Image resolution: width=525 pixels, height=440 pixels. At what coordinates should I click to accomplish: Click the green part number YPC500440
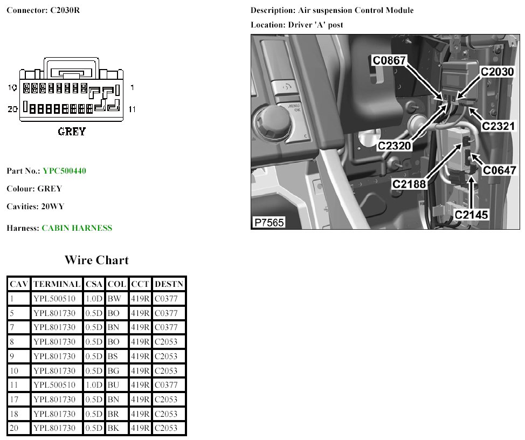pos(64,171)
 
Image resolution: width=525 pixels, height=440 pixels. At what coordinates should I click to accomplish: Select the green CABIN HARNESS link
pos(77,228)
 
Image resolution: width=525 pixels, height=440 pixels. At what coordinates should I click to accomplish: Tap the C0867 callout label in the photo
pos(389,60)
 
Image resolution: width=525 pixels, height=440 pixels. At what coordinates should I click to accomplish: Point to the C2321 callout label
pos(498,126)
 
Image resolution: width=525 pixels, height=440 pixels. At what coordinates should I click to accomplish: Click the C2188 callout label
pos(409,184)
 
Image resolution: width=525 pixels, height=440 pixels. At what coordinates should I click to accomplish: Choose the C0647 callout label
pos(499,170)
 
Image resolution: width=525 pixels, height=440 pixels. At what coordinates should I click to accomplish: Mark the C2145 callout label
pos(471,214)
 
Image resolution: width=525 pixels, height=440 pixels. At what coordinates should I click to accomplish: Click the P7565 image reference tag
pos(269,222)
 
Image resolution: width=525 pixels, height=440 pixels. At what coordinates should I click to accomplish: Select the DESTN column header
pos(169,284)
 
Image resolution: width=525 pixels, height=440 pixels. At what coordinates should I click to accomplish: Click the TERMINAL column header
pos(57,284)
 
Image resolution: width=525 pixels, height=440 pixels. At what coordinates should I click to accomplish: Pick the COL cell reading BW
pos(114,299)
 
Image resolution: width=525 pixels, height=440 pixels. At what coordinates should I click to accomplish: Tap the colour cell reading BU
pos(114,385)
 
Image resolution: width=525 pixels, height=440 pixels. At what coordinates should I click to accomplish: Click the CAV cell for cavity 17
pos(13,399)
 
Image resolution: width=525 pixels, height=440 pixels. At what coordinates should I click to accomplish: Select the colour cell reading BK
pos(113,428)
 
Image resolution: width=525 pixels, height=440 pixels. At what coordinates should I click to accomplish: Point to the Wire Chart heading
pos(96,260)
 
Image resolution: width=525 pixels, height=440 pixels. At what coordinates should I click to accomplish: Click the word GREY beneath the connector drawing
pos(72,131)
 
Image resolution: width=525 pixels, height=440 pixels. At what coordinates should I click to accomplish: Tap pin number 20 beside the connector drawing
pos(12,109)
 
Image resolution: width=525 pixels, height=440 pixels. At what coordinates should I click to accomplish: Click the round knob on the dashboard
pos(271,121)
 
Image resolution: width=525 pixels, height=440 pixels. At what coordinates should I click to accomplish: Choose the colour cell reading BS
pos(113,356)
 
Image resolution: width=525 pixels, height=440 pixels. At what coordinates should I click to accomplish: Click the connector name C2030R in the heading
pos(65,10)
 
